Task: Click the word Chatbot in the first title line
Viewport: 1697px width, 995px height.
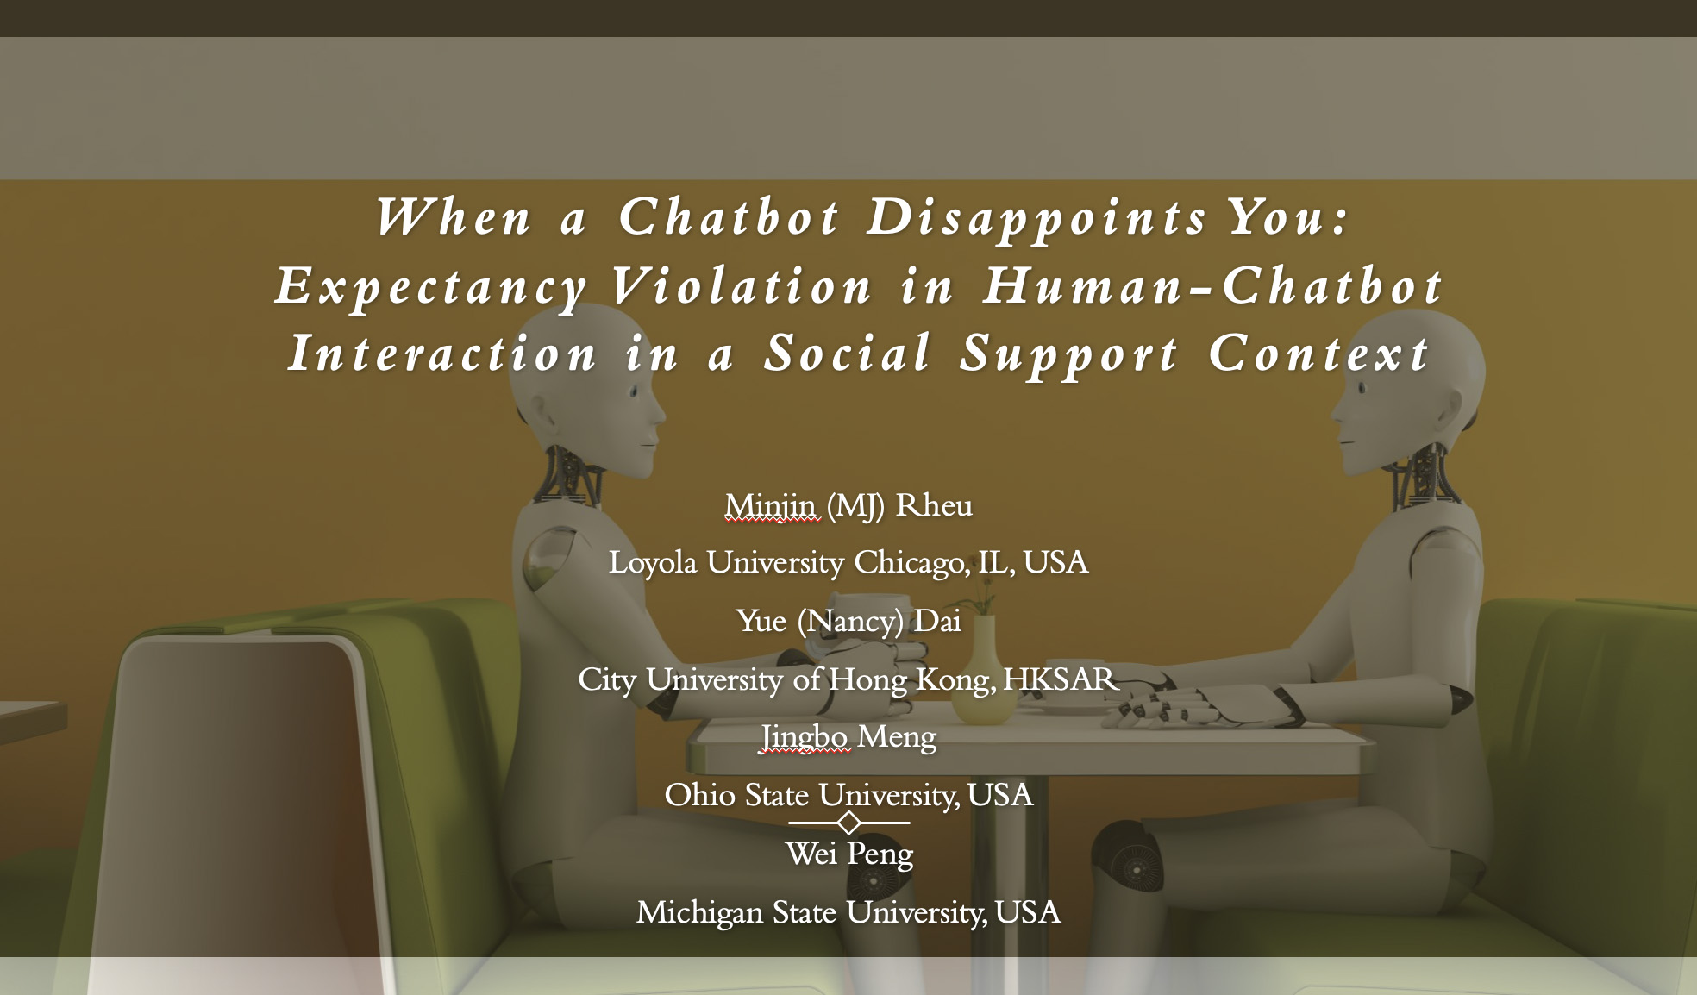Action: tap(729, 216)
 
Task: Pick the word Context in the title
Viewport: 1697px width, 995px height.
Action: tap(1319, 354)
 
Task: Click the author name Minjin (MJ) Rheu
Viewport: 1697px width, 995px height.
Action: tap(848, 506)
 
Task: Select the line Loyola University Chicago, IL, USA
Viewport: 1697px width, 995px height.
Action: tap(848, 563)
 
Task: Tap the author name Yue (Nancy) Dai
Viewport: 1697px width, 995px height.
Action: tap(848, 622)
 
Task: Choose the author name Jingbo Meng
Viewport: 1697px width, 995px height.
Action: tap(848, 738)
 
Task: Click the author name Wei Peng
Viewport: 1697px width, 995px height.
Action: tap(849, 854)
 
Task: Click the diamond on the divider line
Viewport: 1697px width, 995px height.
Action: tap(849, 823)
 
